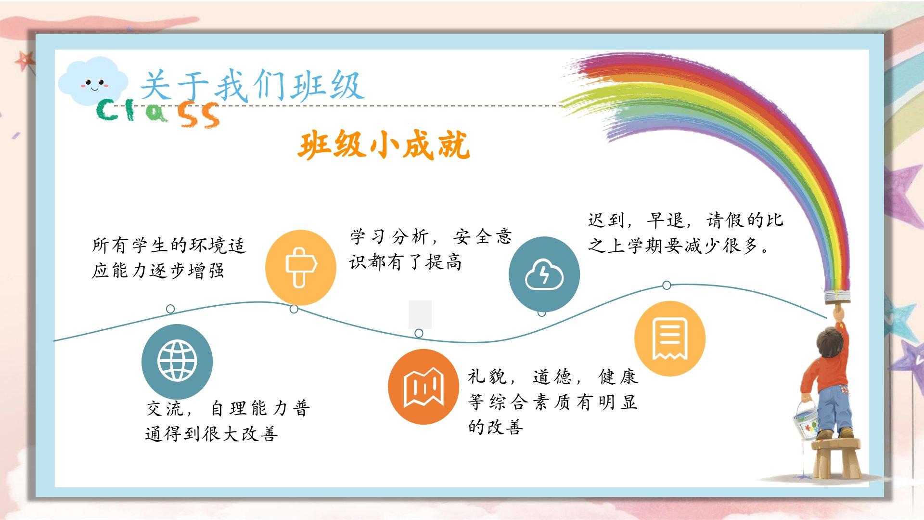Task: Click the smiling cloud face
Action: pyautogui.click(x=93, y=81)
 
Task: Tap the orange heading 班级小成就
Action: pyautogui.click(x=384, y=144)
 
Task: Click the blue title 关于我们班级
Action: pyautogui.click(x=252, y=85)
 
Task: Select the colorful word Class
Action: pyautogui.click(x=158, y=114)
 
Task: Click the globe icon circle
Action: pyautogui.click(x=177, y=361)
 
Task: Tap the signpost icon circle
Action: pyautogui.click(x=301, y=267)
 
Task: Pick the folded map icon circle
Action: pyautogui.click(x=423, y=387)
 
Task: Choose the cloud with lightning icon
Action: pyautogui.click(x=544, y=274)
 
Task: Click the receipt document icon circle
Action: pyautogui.click(x=670, y=338)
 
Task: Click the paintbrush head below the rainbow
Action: pyautogui.click(x=837, y=296)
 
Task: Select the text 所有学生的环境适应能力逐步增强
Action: pyautogui.click(x=169, y=258)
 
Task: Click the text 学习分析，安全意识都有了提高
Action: pyautogui.click(x=431, y=249)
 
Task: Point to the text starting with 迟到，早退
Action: pyautogui.click(x=685, y=233)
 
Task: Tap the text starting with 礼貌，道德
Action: pyautogui.click(x=552, y=402)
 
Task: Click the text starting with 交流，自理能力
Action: pyautogui.click(x=228, y=421)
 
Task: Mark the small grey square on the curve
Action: pyautogui.click(x=420, y=314)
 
